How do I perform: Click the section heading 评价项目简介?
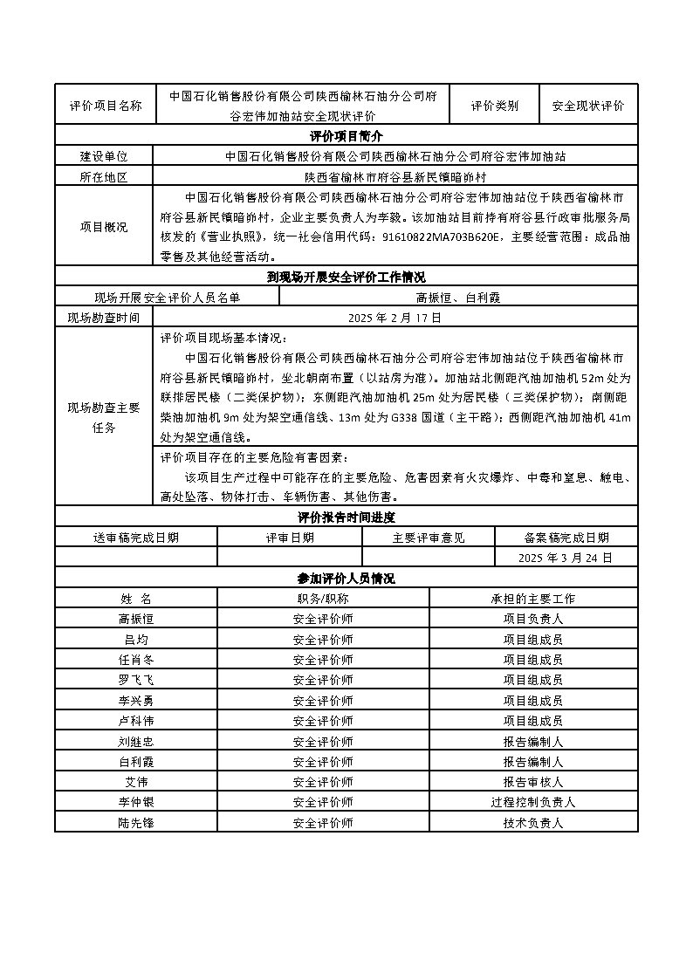(346, 136)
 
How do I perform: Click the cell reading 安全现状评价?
(588, 106)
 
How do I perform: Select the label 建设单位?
(104, 156)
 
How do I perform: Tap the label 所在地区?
(104, 176)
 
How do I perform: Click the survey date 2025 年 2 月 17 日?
(395, 318)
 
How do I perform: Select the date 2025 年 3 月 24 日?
(566, 557)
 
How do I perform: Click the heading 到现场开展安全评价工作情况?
(346, 278)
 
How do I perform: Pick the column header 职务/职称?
(323, 599)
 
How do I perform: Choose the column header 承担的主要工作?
(533, 599)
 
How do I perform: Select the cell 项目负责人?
(533, 619)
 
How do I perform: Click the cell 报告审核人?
(533, 782)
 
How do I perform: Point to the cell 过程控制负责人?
(533, 802)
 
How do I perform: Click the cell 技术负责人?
(533, 822)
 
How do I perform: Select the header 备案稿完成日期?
(566, 537)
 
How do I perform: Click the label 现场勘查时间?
(104, 318)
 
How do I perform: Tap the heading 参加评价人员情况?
(346, 578)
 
